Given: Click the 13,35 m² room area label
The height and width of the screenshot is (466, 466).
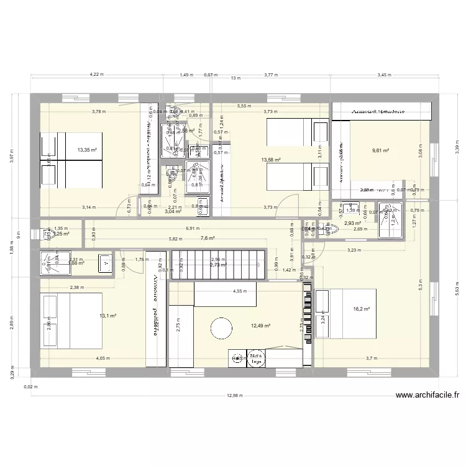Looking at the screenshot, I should click(87, 150).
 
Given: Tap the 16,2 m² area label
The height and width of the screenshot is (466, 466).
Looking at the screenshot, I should click(362, 309).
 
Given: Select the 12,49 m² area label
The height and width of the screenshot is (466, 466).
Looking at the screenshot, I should click(262, 324).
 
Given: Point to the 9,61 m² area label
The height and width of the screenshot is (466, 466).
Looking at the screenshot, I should click(380, 150).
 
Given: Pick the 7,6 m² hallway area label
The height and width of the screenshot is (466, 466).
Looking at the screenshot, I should click(208, 238).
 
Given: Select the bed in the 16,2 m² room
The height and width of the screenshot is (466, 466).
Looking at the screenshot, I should click(345, 313).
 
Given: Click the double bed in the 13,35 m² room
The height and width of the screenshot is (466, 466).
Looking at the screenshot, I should click(71, 159).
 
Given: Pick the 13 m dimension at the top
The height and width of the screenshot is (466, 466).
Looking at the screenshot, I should click(235, 78).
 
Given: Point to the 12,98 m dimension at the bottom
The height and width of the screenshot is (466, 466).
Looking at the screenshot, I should click(235, 395).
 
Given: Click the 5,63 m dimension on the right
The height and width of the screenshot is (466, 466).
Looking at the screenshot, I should click(457, 287).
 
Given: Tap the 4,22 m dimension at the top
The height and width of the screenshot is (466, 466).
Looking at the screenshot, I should click(96, 75).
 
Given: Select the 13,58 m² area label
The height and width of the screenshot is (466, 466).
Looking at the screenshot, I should click(271, 160).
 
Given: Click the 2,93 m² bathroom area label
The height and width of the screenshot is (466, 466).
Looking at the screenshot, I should click(353, 223).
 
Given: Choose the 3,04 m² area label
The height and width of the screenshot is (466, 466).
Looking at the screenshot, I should click(173, 211).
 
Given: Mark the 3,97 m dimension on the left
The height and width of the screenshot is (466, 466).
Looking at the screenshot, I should click(11, 159).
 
